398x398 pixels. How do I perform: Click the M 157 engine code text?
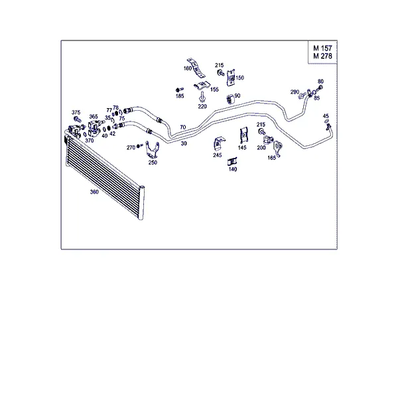[322, 48]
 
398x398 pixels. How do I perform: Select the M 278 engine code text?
[322, 56]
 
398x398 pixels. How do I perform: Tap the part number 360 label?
[94, 192]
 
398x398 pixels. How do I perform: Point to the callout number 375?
[76, 113]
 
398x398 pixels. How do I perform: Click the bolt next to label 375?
[78, 119]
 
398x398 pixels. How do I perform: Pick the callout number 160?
[187, 68]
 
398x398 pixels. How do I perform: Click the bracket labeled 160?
[196, 68]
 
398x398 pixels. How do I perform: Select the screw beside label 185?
[180, 90]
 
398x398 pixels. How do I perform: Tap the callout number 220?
[202, 106]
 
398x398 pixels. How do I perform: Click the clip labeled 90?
[230, 99]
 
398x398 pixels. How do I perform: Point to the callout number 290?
[295, 92]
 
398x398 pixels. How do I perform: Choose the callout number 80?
[320, 82]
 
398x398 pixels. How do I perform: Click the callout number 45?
[326, 116]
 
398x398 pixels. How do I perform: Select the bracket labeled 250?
[153, 150]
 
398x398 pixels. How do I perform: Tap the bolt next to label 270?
[139, 146]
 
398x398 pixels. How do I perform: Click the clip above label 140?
[232, 162]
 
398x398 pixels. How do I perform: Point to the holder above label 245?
[219, 144]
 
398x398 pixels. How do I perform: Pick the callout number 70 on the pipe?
[183, 127]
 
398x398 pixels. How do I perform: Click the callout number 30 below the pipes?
[184, 143]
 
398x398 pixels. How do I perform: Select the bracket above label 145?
[244, 135]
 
